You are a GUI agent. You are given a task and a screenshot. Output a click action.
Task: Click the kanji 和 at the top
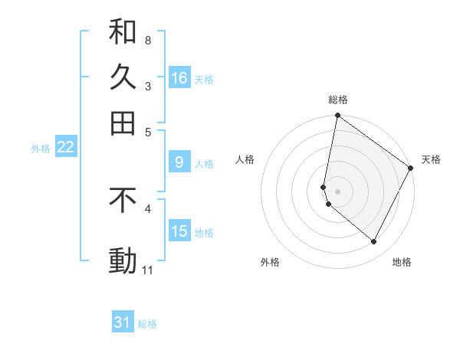point(123,32)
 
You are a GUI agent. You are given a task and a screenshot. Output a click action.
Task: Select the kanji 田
point(123,123)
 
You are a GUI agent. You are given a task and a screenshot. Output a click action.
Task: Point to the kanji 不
point(123,200)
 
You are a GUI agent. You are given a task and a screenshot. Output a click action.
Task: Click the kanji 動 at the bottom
point(123,260)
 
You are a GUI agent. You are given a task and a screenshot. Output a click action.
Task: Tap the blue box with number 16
point(179,78)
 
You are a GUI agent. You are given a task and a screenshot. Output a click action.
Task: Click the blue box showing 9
point(179,162)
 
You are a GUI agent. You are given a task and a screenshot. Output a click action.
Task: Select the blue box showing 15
point(179,231)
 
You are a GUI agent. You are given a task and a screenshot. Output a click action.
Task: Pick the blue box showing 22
point(65,148)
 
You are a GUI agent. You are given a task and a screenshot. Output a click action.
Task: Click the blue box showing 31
point(123,323)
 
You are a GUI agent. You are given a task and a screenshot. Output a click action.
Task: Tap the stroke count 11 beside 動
point(148,270)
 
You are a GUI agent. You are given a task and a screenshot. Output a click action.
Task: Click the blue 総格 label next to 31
point(147,324)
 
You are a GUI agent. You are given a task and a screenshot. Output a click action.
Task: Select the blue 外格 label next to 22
point(41,149)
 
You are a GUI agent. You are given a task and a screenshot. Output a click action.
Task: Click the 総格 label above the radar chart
point(338,100)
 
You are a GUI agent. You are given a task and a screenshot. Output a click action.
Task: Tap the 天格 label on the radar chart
point(431,159)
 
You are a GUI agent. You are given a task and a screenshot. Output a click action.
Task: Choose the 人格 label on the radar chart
point(245,159)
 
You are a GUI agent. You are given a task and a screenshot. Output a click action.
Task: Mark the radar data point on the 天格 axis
point(411,169)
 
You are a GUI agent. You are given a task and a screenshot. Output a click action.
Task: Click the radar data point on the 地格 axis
point(374,242)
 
